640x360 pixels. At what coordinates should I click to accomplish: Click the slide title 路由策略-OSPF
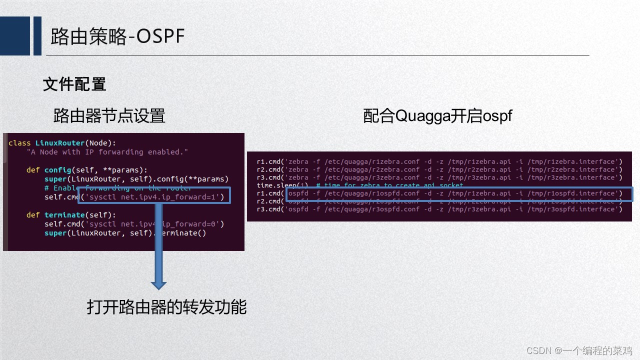coord(118,36)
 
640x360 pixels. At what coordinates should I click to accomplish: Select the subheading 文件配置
coord(74,84)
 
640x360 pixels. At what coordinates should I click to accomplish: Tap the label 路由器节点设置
coord(109,116)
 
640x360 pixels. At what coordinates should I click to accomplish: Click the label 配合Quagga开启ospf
coord(437,116)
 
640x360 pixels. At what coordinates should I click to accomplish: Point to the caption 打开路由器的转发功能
coord(166,306)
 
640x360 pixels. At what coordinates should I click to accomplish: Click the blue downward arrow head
coord(158,284)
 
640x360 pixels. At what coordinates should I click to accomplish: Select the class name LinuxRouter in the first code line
coord(60,143)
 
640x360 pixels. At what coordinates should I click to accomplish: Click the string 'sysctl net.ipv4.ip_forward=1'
coord(154,197)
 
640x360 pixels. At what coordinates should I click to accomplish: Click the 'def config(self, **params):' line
coord(87,170)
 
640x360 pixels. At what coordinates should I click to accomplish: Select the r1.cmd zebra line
coord(439,161)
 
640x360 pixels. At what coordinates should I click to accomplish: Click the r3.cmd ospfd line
coord(439,209)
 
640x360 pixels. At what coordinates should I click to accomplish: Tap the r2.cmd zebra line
coord(439,169)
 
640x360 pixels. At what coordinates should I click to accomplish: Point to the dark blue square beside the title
coord(15,35)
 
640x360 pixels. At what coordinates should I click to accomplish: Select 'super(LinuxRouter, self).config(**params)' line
coord(136,179)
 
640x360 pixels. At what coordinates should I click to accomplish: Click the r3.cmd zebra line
coord(439,177)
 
